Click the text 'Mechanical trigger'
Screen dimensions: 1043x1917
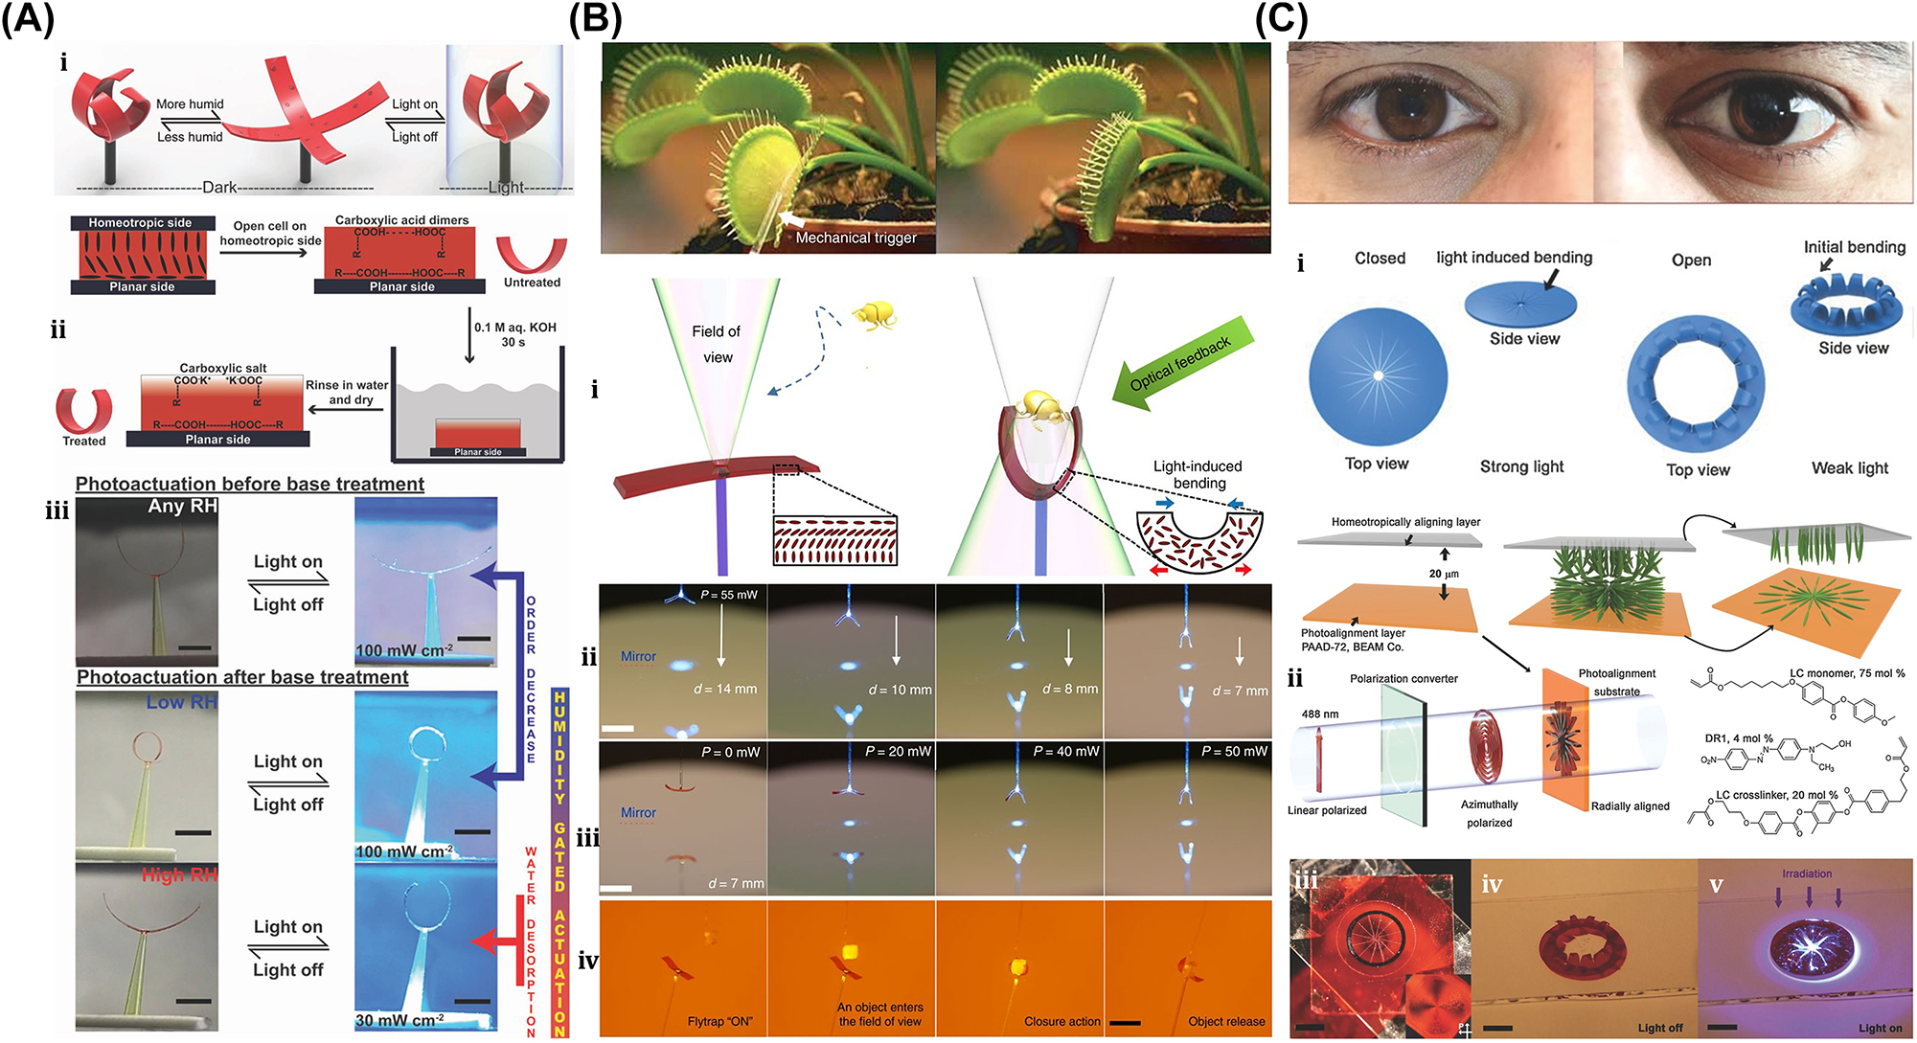(856, 238)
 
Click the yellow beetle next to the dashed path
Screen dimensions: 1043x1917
(874, 315)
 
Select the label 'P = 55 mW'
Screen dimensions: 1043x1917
(728, 595)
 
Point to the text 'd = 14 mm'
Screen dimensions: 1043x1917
(725, 689)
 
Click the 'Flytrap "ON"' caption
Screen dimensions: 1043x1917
(719, 1021)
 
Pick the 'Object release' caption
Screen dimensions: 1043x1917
(1225, 1021)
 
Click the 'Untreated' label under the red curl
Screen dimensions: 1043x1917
(532, 283)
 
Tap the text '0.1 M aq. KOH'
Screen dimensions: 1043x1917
(514, 327)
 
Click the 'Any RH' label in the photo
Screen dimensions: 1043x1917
(182, 506)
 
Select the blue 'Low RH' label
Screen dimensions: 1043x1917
(181, 702)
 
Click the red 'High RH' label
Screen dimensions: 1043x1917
(179, 874)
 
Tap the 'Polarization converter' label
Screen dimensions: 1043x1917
(1404, 678)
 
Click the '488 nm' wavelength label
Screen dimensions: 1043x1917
(1320, 714)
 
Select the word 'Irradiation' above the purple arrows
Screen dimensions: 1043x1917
(1806, 873)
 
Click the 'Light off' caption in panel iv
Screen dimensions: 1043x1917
(1659, 1028)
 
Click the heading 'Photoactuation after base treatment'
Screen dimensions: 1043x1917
(242, 677)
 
